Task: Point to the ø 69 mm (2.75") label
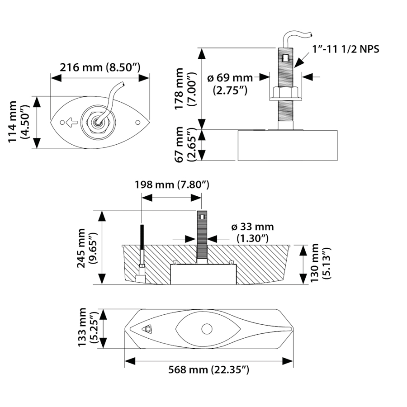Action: (x=230, y=84)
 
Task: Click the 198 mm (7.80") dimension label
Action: (x=171, y=185)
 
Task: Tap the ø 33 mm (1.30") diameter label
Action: (x=252, y=232)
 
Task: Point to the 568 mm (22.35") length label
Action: (x=208, y=370)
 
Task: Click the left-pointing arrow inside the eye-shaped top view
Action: (x=70, y=122)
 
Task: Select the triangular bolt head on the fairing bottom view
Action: (x=147, y=329)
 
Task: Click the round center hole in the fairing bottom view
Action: (x=207, y=329)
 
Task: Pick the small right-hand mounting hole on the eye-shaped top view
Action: (x=137, y=122)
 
